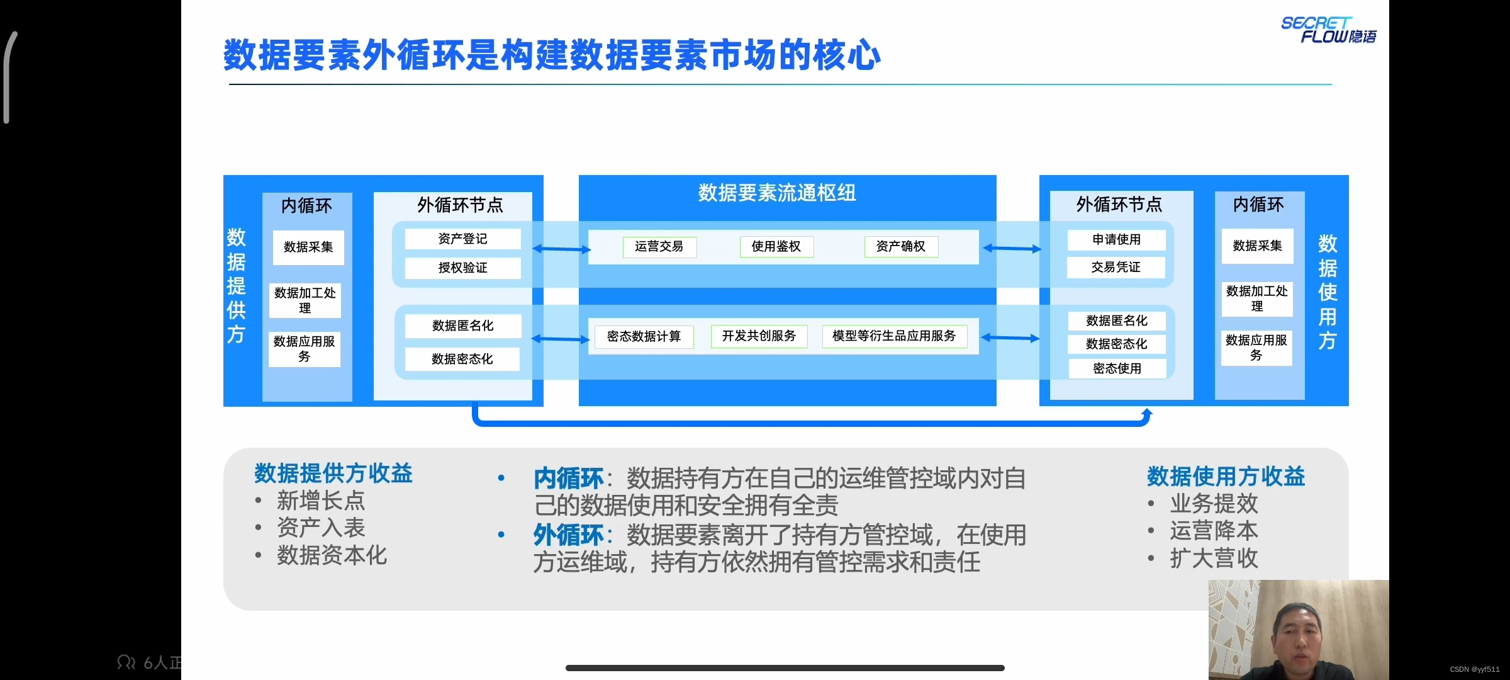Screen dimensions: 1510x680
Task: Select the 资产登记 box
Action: click(462, 239)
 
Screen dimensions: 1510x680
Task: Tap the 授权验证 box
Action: click(462, 268)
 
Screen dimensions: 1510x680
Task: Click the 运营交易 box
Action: click(659, 247)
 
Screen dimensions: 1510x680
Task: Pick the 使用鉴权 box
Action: click(776, 247)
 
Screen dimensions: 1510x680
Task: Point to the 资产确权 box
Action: click(900, 247)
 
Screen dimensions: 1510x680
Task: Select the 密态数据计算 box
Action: click(644, 337)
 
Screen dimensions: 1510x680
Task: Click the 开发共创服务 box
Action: click(759, 336)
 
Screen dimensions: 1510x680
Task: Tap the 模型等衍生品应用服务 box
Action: click(894, 336)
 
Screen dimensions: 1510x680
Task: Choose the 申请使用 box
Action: click(1116, 240)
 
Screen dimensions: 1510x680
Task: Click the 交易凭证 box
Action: click(1116, 268)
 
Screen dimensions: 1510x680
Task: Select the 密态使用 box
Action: click(1117, 369)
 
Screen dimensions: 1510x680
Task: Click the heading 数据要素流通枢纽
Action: click(777, 193)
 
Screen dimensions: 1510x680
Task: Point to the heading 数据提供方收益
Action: click(333, 473)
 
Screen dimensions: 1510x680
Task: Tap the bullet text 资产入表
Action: click(321, 528)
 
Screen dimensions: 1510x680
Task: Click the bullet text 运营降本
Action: click(1214, 531)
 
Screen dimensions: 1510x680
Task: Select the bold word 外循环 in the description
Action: click(568, 535)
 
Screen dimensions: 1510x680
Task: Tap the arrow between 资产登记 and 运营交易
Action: click(561, 249)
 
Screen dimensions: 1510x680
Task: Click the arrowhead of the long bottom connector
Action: click(1146, 413)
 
